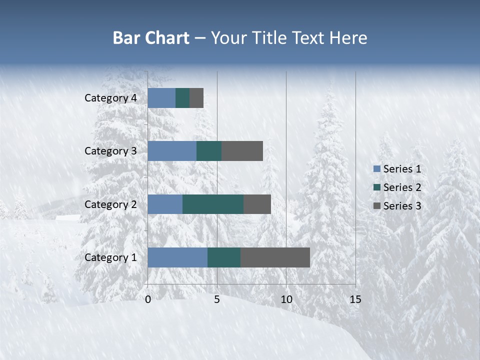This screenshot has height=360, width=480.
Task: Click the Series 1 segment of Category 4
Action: click(161, 98)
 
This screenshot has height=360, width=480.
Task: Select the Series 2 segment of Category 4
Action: click(182, 98)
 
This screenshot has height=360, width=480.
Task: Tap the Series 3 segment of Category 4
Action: click(196, 98)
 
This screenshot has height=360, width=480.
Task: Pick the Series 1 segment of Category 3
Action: click(172, 151)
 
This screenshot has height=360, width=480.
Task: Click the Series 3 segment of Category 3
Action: click(242, 151)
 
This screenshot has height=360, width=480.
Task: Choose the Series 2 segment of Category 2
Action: click(213, 204)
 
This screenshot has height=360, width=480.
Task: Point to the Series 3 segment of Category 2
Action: click(257, 204)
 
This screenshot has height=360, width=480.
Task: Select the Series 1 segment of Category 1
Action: click(177, 257)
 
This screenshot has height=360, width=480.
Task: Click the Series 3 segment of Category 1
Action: click(275, 257)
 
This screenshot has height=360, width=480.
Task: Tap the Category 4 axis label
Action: click(110, 98)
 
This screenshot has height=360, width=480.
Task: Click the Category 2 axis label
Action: click(110, 204)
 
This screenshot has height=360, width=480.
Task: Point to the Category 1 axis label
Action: click(110, 257)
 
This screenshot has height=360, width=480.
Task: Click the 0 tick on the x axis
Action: click(148, 300)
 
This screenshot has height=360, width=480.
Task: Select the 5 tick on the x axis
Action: click(217, 300)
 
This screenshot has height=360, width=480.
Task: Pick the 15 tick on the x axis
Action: click(355, 300)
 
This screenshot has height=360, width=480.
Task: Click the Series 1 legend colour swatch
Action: click(376, 169)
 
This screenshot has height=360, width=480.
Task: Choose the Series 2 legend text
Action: click(402, 187)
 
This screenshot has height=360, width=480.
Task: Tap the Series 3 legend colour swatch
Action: click(376, 206)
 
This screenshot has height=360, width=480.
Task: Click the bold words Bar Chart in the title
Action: click(151, 38)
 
